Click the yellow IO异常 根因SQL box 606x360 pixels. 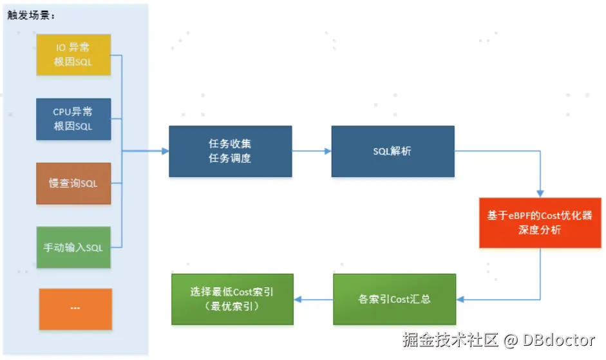[x=73, y=54]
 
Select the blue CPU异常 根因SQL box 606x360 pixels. [x=73, y=119]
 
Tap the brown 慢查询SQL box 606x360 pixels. [x=73, y=184]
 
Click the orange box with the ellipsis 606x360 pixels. [x=75, y=308]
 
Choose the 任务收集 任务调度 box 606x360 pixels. [x=230, y=151]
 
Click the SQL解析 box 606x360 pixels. [x=393, y=151]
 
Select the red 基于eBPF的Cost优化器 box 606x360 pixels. [x=540, y=223]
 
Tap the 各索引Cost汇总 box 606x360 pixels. [x=394, y=299]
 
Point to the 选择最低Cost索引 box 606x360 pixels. [x=232, y=299]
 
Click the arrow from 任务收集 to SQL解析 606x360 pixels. [x=312, y=151]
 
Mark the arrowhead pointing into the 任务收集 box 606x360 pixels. [x=165, y=151]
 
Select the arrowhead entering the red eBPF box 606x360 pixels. [x=540, y=193]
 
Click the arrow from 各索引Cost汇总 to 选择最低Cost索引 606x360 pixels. [x=314, y=299]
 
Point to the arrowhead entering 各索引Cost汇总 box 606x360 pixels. [x=461, y=299]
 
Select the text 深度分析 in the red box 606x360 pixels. [x=540, y=230]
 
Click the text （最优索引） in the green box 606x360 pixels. [x=232, y=307]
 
